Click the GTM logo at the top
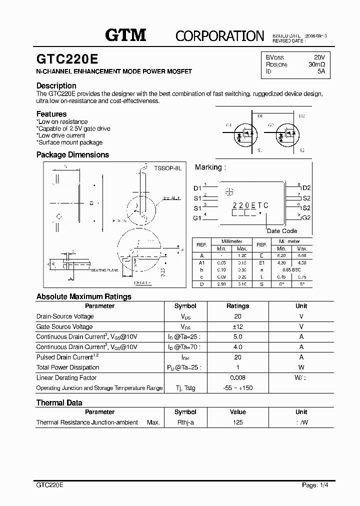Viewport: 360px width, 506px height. click(125, 34)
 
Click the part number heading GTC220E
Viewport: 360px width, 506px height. click(67, 59)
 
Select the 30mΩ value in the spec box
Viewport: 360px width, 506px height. click(316, 64)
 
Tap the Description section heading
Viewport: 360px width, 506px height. click(56, 85)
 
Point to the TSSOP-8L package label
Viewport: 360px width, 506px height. click(167, 168)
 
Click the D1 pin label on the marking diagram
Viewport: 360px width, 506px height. click(197, 188)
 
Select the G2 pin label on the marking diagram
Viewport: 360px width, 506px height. click(306, 218)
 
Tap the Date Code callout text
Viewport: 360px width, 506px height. click(282, 231)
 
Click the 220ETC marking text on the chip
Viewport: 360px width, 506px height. click(250, 205)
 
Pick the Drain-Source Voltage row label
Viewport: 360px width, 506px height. click(65, 316)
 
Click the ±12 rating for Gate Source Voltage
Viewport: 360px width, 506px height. click(237, 326)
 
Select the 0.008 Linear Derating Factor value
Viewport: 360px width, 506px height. click(237, 378)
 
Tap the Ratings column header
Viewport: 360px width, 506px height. click(237, 306)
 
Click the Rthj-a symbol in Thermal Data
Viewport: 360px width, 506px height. click(185, 422)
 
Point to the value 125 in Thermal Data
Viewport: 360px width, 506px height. click(237, 422)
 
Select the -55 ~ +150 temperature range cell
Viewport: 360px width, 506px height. click(237, 388)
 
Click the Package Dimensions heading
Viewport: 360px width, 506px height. click(72, 155)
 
